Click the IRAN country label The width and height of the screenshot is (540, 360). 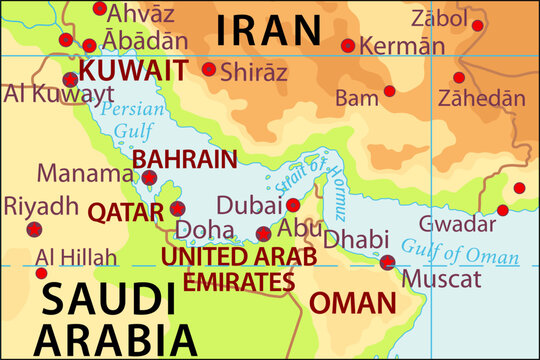tap(269, 30)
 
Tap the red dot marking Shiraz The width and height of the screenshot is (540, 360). tap(209, 70)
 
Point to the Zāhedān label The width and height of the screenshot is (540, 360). tap(481, 98)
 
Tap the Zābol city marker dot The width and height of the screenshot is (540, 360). tap(478, 26)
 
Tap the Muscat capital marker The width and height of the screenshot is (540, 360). tap(388, 263)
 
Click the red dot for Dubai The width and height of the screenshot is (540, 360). tap(293, 205)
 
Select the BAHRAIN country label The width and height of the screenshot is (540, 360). tap(185, 159)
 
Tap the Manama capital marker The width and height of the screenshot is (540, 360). tap(150, 177)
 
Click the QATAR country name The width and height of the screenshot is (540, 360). tap(125, 212)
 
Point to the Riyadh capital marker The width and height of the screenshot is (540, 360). tap(35, 230)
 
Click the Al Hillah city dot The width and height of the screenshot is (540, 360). tap(41, 273)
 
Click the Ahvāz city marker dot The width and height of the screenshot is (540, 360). tap(99, 9)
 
